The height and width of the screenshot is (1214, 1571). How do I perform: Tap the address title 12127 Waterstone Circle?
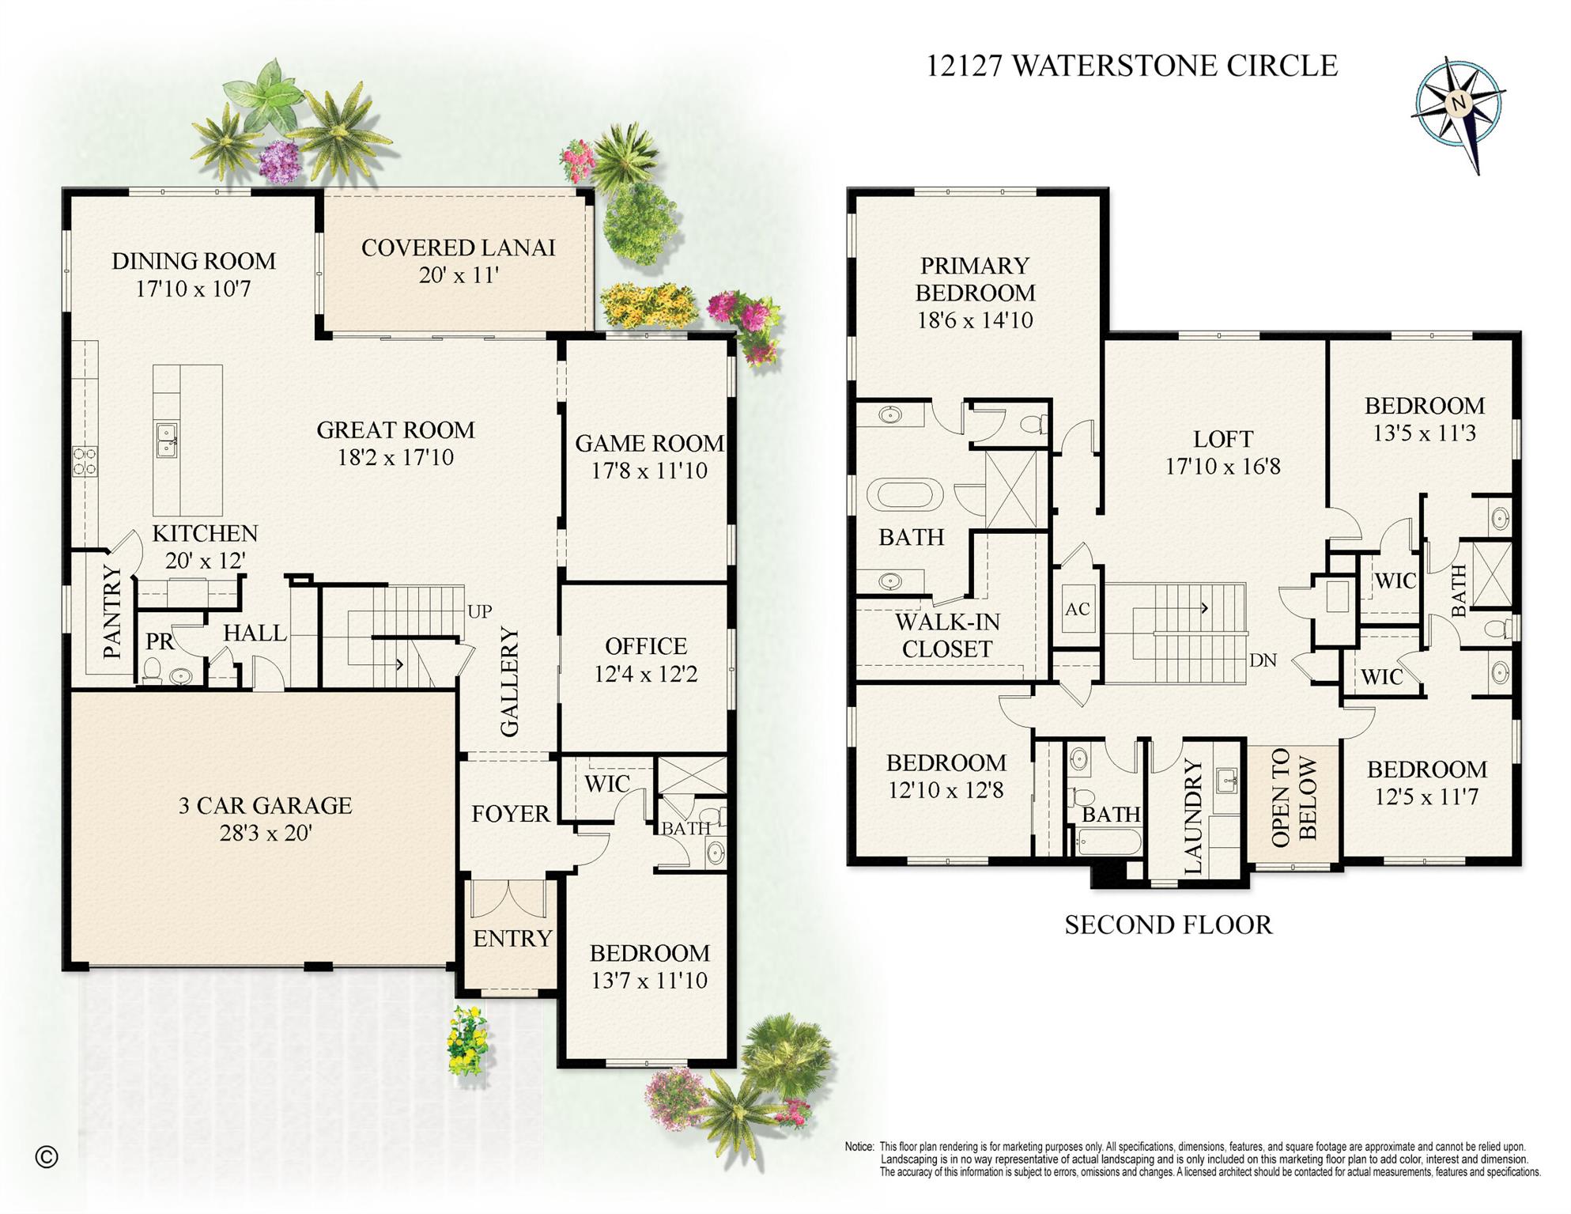(x=1131, y=66)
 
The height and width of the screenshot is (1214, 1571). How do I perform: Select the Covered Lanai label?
(x=458, y=248)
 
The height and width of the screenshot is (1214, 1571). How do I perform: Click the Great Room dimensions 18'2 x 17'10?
(x=395, y=457)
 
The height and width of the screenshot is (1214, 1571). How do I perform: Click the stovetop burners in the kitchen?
(x=85, y=461)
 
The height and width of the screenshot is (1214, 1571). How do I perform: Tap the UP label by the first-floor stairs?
(x=479, y=611)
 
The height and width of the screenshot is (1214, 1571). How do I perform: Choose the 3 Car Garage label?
(x=265, y=805)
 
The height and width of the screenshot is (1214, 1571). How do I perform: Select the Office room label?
(x=645, y=646)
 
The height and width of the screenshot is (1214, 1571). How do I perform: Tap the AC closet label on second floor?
(x=1077, y=609)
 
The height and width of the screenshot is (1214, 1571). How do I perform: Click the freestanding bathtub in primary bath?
(x=904, y=495)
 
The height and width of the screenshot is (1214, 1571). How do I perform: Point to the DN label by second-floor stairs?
(x=1263, y=660)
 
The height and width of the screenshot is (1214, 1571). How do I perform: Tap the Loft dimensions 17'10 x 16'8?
(x=1222, y=466)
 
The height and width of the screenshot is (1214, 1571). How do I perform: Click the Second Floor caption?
(x=1168, y=925)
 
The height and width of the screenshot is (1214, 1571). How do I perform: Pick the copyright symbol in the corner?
(x=47, y=1157)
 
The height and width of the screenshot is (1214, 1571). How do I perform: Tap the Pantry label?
(x=112, y=612)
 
